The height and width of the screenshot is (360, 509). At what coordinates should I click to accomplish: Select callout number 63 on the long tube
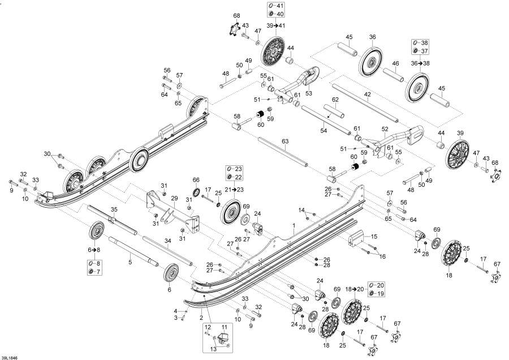[x=284, y=141]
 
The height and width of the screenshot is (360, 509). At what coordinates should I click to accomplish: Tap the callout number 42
[x=367, y=95]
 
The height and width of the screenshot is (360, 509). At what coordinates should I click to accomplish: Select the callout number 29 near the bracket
[x=174, y=199]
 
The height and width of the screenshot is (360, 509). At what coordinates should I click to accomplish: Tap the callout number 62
[x=335, y=100]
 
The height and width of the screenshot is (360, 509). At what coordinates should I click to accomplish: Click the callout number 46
[x=396, y=63]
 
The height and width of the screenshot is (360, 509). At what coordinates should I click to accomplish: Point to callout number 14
[x=301, y=210]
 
